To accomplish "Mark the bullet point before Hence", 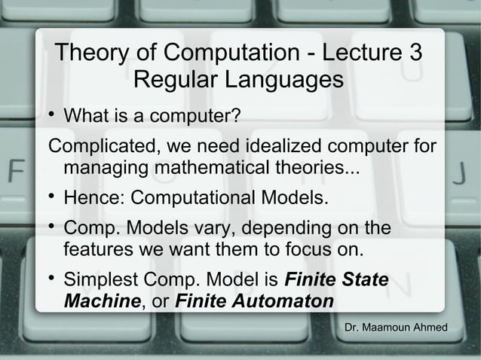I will tap(51, 197).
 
